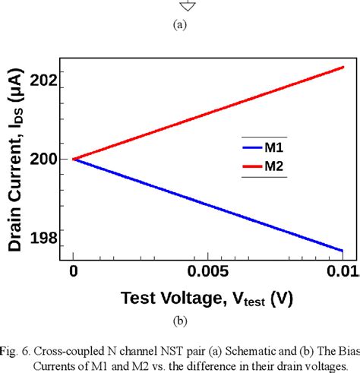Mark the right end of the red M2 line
[343, 67]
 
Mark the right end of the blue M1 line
[343, 251]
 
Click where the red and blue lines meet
[73, 159]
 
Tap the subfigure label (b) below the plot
[180, 321]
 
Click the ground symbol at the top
[180, 6]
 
